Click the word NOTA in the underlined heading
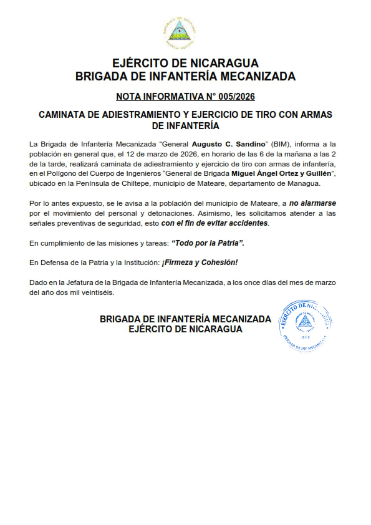click(129, 97)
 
